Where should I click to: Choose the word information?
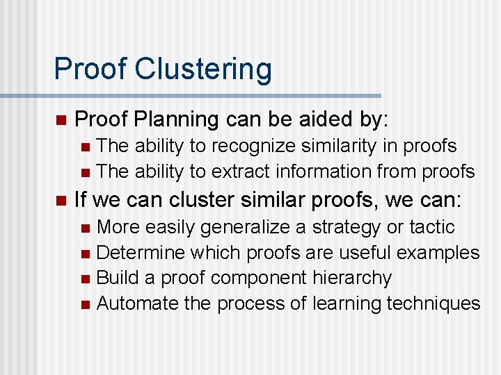coord(324,171)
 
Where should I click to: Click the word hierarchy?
coord(353,278)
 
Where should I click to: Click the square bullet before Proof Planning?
coord(61,120)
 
